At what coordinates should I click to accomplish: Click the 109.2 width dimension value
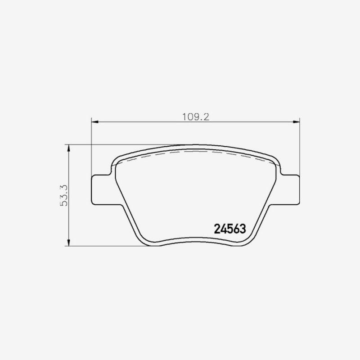coord(196,117)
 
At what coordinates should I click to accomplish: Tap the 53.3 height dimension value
coord(63,195)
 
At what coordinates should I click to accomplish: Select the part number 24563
coord(230,229)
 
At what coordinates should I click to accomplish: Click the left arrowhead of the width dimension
coord(95,121)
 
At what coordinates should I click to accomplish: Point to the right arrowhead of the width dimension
coord(296,121)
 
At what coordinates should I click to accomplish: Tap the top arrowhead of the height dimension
coord(68,148)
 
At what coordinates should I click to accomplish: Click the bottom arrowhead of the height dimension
coord(68,243)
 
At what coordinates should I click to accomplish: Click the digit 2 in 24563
coord(217,229)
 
